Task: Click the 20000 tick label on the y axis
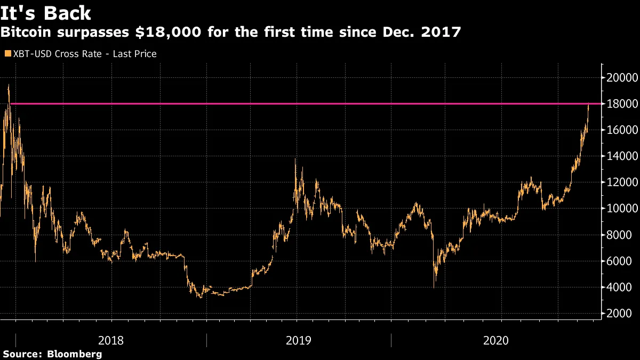(x=620, y=77)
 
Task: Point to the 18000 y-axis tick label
(x=620, y=103)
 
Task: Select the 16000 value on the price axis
(x=620, y=130)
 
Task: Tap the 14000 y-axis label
(x=620, y=156)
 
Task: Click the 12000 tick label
(x=620, y=182)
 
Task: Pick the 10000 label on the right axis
(x=620, y=209)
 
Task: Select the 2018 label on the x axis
(x=111, y=340)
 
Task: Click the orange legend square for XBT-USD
(x=7, y=54)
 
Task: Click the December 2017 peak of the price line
(x=8, y=85)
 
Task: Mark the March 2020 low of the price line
(x=434, y=287)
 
